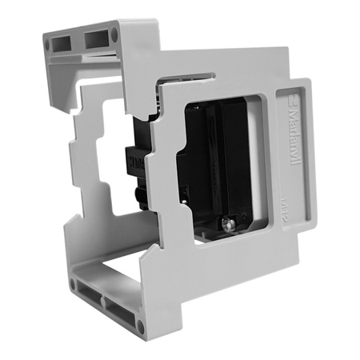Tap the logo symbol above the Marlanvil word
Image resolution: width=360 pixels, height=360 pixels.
(x=291, y=102)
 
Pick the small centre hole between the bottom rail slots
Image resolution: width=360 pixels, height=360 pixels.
(x=104, y=303)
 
